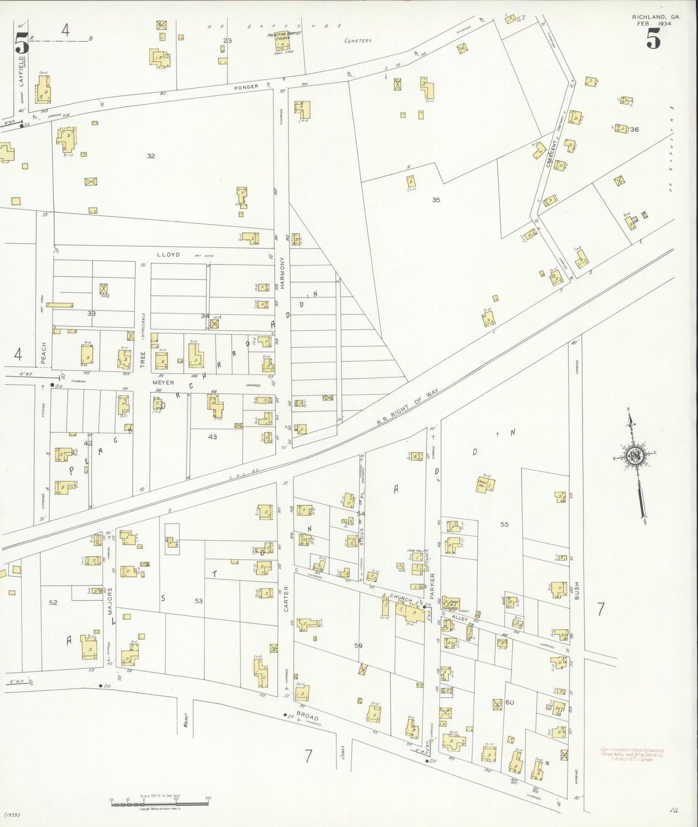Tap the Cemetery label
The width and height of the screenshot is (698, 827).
click(357, 41)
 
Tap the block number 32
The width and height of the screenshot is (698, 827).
click(151, 156)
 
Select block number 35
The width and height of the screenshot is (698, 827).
click(436, 199)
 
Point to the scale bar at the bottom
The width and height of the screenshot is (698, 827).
click(159, 801)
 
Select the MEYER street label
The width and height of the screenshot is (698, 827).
click(163, 382)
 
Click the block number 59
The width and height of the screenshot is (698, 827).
click(358, 646)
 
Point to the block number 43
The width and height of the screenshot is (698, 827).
click(213, 437)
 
